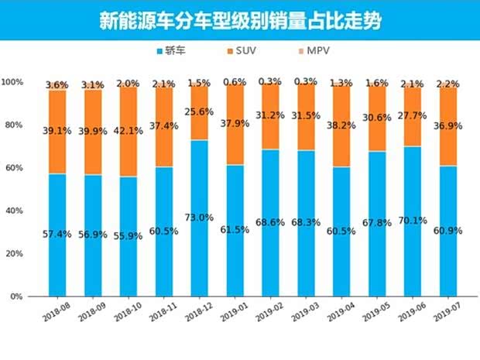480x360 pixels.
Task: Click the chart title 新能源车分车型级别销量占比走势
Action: point(240,20)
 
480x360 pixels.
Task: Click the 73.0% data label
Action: point(199,218)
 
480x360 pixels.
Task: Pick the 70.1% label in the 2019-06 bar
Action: point(413,219)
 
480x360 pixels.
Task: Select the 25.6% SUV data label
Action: point(199,111)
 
